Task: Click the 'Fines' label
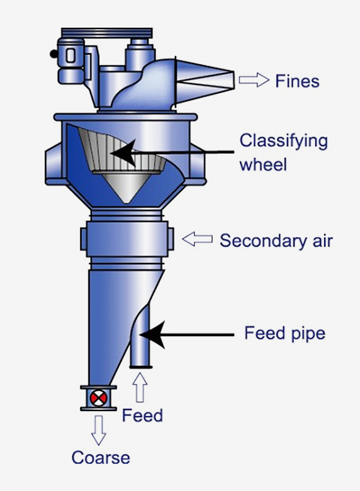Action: point(298,81)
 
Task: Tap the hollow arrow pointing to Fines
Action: point(254,80)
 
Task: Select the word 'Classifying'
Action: point(284,142)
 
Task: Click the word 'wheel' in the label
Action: point(263,164)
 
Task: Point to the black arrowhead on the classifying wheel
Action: point(123,153)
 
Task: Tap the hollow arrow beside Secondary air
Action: point(197,240)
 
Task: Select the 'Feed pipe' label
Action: point(284,334)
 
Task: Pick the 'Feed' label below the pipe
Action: point(142,415)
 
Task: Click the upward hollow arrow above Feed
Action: point(140,387)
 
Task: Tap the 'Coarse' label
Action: point(101,458)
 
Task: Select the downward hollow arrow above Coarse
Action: point(98,430)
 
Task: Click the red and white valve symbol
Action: point(99,398)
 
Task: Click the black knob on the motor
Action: point(53,54)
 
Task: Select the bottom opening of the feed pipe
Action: point(140,367)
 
